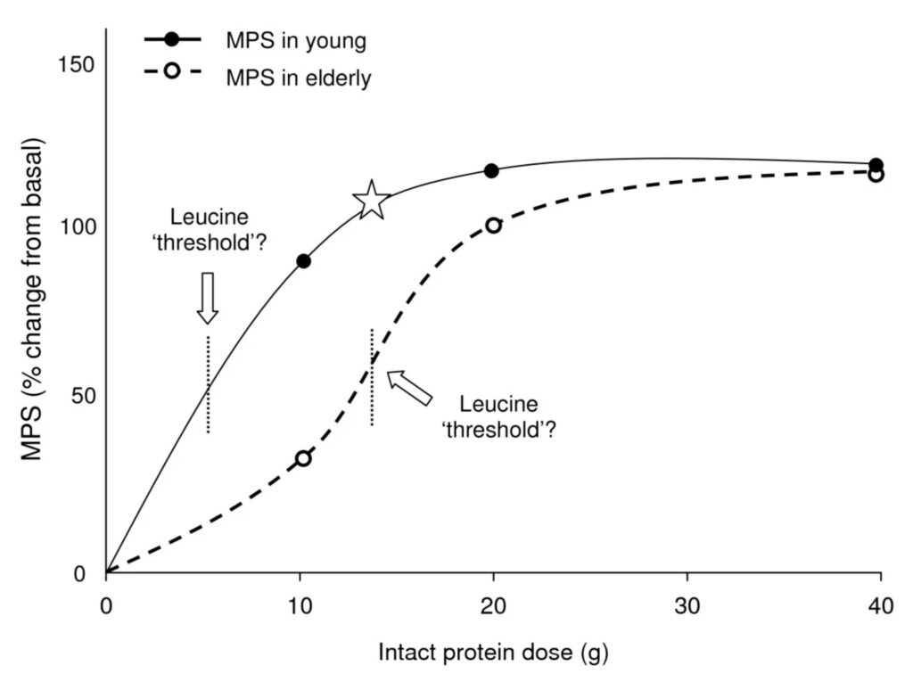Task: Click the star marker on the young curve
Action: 371,200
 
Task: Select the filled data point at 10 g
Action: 303,261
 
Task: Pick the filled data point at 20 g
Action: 491,170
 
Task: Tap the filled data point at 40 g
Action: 876,165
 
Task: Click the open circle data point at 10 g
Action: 303,458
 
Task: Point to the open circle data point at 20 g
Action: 493,226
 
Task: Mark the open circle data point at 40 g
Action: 876,175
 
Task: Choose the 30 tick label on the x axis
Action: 687,604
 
